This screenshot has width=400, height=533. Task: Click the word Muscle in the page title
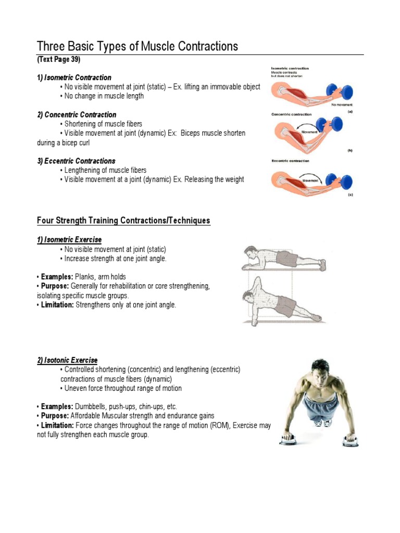pyautogui.click(x=159, y=47)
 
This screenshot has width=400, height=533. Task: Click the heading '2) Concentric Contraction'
pyautogui.click(x=77, y=115)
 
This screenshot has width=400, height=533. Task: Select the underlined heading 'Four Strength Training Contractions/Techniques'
pyautogui.click(x=123, y=221)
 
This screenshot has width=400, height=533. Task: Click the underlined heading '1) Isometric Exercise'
pyautogui.click(x=69, y=239)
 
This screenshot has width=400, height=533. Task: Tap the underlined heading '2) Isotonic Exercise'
pyautogui.click(x=67, y=360)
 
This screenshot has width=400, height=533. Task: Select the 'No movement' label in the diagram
pyautogui.click(x=341, y=105)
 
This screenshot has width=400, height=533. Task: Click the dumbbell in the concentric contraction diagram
pyautogui.click(x=331, y=125)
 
